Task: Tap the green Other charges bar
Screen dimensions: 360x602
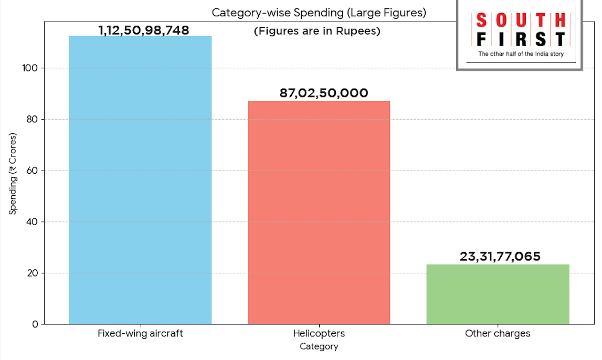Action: click(x=498, y=294)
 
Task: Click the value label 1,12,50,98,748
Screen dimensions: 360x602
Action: click(x=144, y=30)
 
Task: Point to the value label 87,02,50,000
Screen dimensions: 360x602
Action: click(x=324, y=93)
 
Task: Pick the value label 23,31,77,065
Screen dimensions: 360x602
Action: click(x=500, y=257)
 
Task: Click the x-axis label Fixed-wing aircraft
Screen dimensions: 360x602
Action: click(x=140, y=334)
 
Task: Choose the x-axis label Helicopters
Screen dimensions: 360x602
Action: click(x=319, y=334)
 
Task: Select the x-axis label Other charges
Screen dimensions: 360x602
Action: click(x=498, y=334)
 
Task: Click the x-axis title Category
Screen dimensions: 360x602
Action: click(x=319, y=346)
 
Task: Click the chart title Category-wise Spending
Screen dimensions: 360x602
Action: click(x=319, y=13)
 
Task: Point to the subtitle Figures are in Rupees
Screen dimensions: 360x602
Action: click(x=317, y=31)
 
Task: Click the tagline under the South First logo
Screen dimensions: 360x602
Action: click(x=520, y=54)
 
